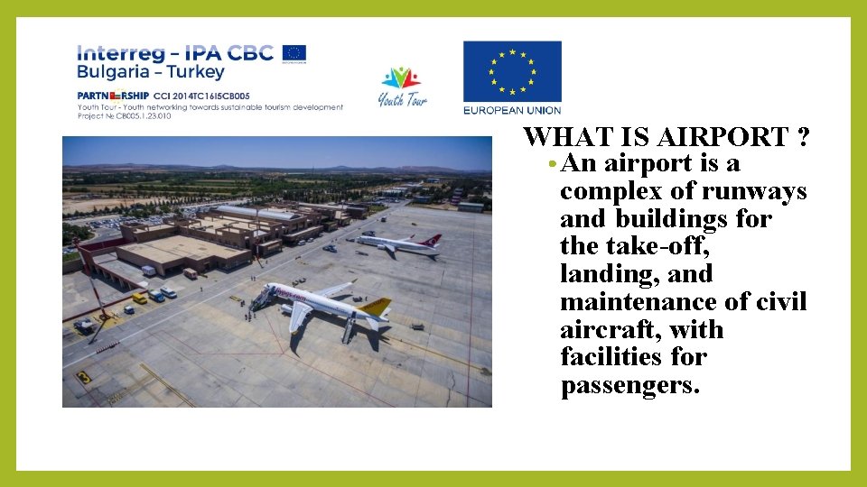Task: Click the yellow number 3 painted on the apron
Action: (x=84, y=377)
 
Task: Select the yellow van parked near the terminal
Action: (x=139, y=298)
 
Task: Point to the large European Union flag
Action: (x=512, y=72)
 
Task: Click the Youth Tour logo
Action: (x=402, y=87)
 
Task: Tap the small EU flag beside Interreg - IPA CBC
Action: (x=294, y=52)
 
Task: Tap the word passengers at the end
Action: (x=630, y=386)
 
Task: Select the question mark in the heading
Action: (x=803, y=137)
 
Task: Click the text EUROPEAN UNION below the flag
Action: (x=512, y=111)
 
